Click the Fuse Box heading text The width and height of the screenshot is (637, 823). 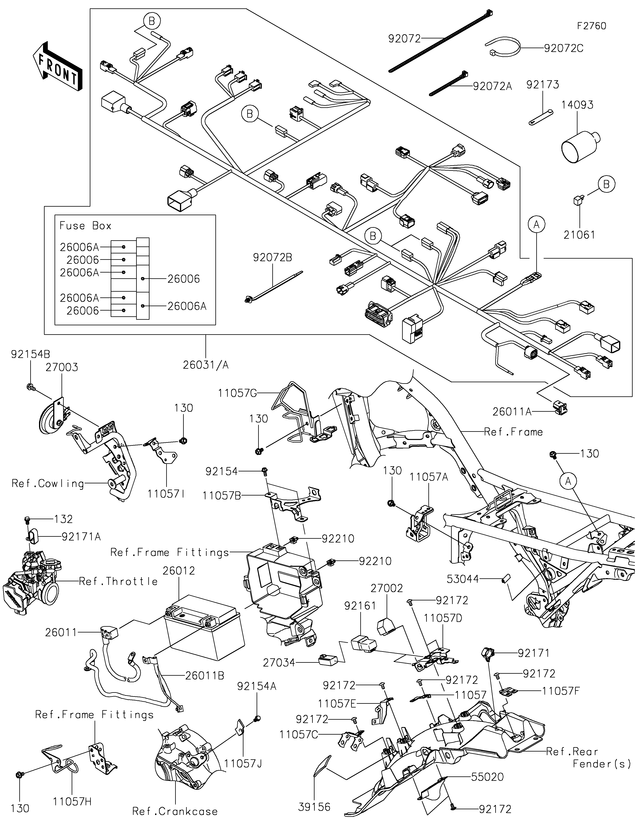[86, 226]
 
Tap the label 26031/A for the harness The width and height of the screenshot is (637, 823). [206, 365]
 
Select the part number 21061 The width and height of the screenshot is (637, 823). [579, 235]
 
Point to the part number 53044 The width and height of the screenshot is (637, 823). [463, 579]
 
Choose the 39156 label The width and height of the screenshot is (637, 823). [314, 807]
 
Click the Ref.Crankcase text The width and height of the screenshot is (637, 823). [175, 811]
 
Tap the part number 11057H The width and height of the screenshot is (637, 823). [72, 801]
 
